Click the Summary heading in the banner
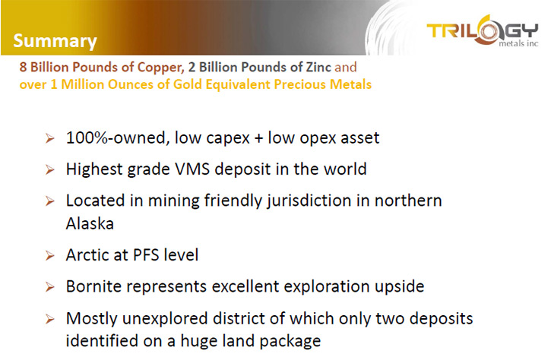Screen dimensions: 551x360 point(55,41)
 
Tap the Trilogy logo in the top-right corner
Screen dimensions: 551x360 point(482,31)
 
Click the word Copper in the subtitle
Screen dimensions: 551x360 point(160,68)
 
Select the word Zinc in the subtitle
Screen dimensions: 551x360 point(318,67)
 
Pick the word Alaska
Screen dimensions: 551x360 point(90,224)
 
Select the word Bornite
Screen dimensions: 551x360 point(93,286)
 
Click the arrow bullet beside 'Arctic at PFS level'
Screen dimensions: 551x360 point(50,256)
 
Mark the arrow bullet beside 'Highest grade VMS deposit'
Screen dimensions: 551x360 point(50,170)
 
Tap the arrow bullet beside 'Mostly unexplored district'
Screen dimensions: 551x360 point(50,319)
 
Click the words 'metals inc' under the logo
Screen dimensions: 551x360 point(518,43)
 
